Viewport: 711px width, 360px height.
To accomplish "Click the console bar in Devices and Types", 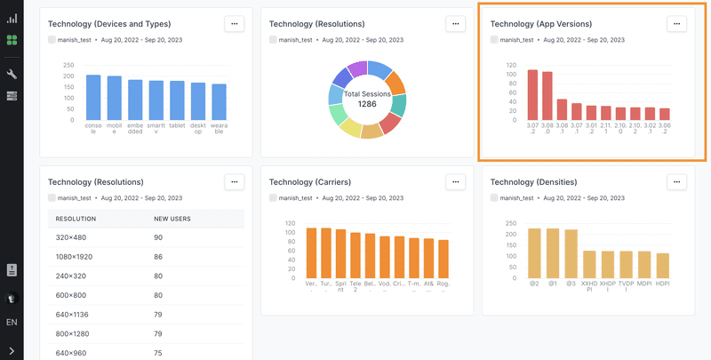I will pyautogui.click(x=93, y=98).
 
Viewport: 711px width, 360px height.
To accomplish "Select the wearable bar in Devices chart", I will pyautogui.click(x=219, y=102).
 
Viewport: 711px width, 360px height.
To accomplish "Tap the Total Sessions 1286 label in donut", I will pyautogui.click(x=367, y=99).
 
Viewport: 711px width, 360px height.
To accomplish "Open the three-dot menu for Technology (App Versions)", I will pyautogui.click(x=676, y=24).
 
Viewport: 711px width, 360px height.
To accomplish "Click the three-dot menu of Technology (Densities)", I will pyautogui.click(x=676, y=181).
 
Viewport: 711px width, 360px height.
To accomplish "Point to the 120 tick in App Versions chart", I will pyautogui.click(x=512, y=65).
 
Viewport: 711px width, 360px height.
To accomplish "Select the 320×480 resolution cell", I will pyautogui.click(x=71, y=237).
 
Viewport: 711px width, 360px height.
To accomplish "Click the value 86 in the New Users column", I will pyautogui.click(x=159, y=256).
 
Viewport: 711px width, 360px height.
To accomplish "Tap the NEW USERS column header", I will pyautogui.click(x=172, y=218).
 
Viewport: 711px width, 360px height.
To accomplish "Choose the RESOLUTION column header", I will pyautogui.click(x=76, y=218).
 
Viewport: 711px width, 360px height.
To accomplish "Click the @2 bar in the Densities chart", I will pyautogui.click(x=535, y=253).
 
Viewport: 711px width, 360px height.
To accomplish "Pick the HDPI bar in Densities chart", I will pyautogui.click(x=662, y=266).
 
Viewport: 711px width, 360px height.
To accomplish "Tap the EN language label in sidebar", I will pyautogui.click(x=12, y=322).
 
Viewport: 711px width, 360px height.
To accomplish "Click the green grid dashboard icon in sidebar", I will pyautogui.click(x=12, y=40).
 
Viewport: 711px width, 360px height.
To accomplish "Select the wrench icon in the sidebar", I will pyautogui.click(x=12, y=74).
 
